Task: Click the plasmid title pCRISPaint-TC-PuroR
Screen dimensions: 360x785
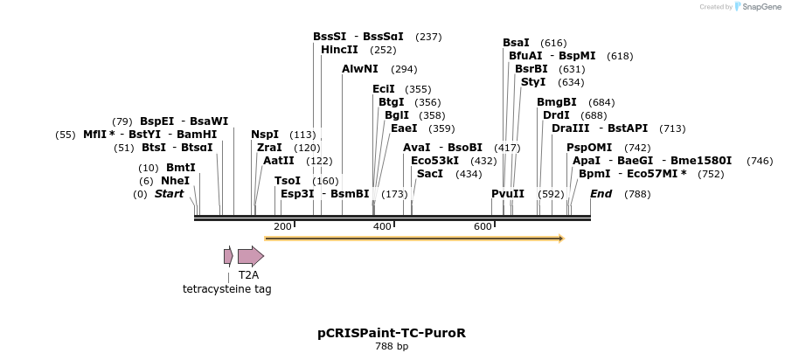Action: [x=392, y=333]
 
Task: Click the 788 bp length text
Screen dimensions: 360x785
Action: [x=392, y=347]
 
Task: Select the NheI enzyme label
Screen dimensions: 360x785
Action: [x=175, y=181]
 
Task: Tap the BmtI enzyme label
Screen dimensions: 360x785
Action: [x=180, y=168]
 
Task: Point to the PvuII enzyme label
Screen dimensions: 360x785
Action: [x=507, y=194]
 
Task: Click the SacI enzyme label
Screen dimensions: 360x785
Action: [x=430, y=174]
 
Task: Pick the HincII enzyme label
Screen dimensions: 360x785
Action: [x=339, y=50]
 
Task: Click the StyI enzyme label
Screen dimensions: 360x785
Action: [x=533, y=82]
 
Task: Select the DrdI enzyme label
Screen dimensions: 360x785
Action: [x=556, y=115]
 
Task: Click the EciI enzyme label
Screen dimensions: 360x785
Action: [x=384, y=89]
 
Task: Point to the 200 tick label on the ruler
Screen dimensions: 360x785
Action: [x=282, y=227]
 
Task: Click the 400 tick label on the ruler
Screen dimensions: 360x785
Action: [x=382, y=227]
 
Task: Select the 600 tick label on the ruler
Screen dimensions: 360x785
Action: [x=483, y=227]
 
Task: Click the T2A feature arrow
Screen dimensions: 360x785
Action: [x=250, y=256]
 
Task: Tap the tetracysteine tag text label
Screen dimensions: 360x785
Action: [x=226, y=289]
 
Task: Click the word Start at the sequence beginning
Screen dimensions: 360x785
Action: [x=169, y=194]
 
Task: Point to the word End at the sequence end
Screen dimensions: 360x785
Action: [x=601, y=194]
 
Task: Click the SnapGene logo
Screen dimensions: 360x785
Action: [x=756, y=7]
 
